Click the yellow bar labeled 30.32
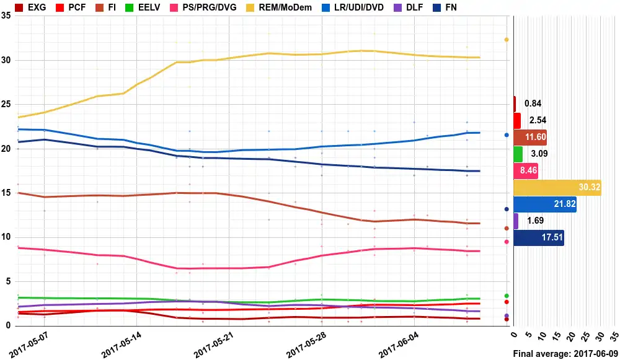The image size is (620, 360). (x=557, y=188)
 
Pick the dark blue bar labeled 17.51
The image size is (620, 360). (x=538, y=238)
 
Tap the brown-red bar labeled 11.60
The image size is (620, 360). (x=529, y=138)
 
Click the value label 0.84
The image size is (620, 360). (x=533, y=104)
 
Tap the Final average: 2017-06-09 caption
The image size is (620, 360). (x=565, y=354)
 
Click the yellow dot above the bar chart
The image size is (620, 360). (x=507, y=40)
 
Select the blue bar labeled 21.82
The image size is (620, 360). (x=545, y=204)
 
